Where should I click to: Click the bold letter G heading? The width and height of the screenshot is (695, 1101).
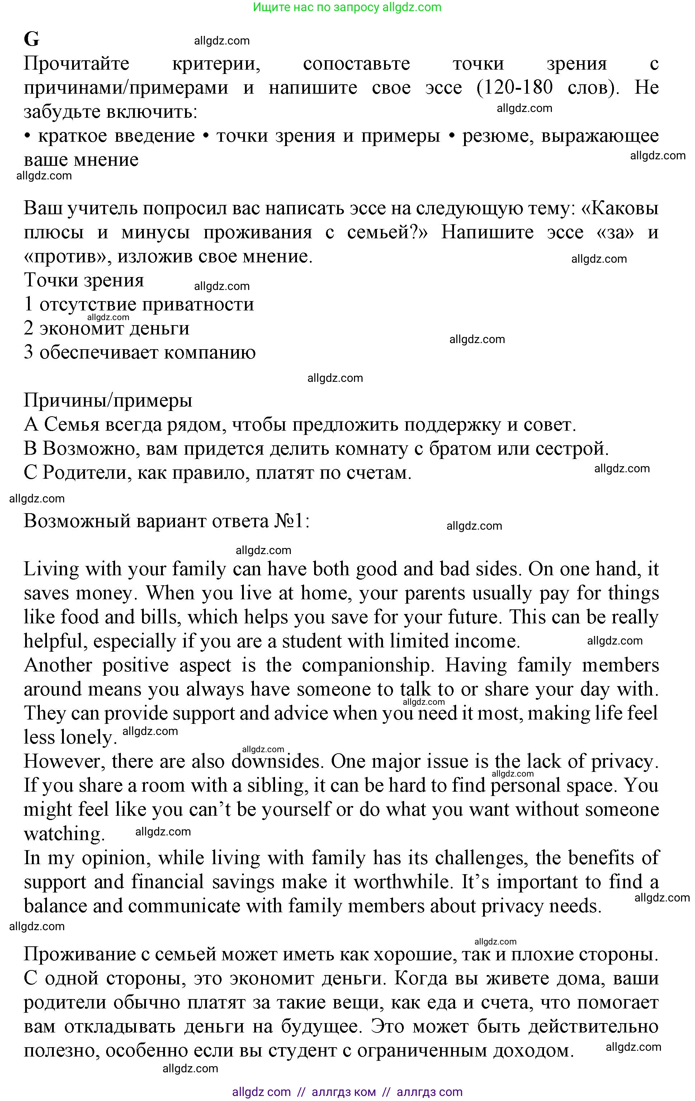[32, 39]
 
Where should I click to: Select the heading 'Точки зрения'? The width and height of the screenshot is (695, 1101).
[84, 280]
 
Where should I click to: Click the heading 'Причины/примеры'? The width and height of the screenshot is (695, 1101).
[108, 400]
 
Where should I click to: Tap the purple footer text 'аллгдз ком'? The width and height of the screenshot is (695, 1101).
[344, 1092]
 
